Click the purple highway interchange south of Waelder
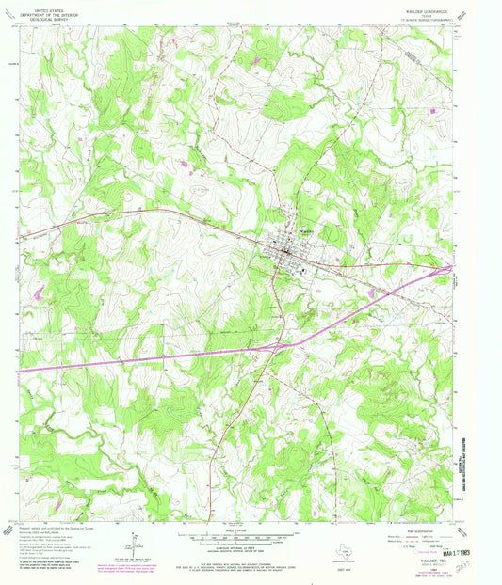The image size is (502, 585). pos(272,347)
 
